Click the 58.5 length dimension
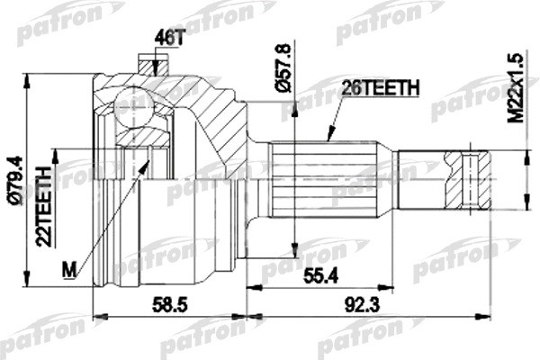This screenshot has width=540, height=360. (x=166, y=306)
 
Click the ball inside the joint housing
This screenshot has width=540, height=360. (x=133, y=107)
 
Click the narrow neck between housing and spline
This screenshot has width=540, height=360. (x=260, y=190)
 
